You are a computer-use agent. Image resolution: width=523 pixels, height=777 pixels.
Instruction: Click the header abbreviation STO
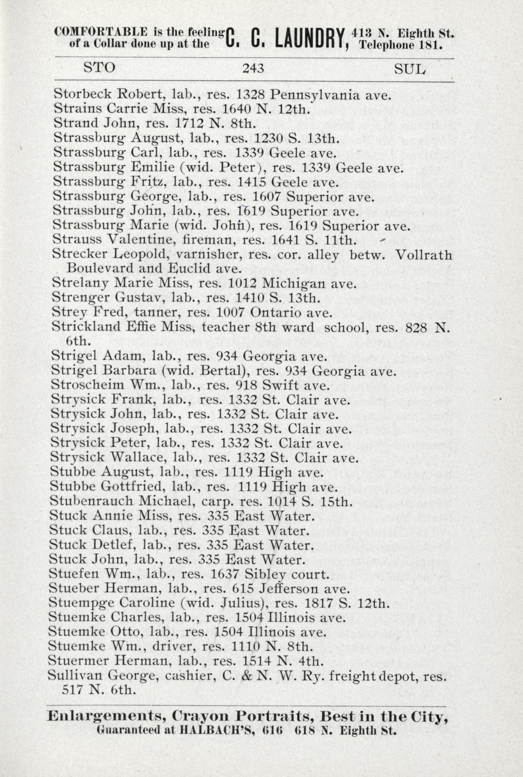pyautogui.click(x=99, y=68)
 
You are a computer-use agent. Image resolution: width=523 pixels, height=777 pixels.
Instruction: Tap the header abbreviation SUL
pyautogui.click(x=409, y=69)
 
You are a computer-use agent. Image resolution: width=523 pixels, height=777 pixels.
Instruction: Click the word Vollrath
pyautogui.click(x=424, y=254)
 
